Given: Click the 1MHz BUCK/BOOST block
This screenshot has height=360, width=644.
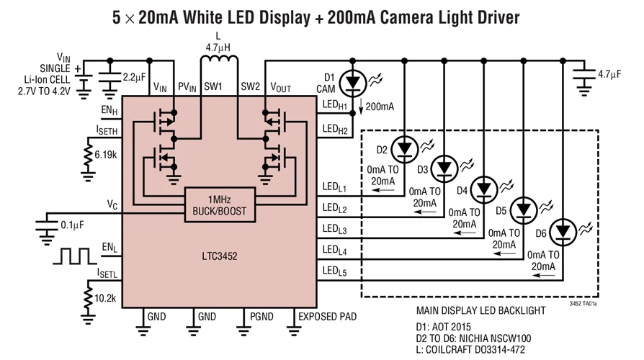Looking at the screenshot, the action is pos(220,204).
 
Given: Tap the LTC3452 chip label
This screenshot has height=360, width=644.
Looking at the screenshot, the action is pos(220,256).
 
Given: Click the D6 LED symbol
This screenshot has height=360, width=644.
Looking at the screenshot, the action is pos(563,233).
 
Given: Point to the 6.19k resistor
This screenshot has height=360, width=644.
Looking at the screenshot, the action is pos(88,154).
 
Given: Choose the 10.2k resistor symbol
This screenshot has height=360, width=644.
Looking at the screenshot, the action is pos(88,298).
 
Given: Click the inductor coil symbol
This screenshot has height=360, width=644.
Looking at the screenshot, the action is pos(219,60).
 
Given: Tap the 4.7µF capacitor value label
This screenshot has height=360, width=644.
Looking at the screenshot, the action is pos(609,74).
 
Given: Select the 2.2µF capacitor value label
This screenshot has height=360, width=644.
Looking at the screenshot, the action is pos(134,77).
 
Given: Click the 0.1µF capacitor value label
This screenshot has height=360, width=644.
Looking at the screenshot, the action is pos(72,225).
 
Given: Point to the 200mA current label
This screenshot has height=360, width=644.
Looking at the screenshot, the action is pos(380,107).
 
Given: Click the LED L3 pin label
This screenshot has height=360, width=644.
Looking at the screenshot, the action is pos(334,230).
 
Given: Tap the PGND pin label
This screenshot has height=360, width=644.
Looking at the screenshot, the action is pos(261,317).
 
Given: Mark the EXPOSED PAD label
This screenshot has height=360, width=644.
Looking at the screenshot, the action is pos(327,317).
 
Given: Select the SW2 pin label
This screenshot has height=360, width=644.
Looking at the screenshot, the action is pos(250,86).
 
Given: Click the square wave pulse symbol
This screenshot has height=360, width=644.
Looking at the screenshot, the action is pos(74,256).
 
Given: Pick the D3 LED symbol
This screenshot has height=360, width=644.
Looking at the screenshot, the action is pos(444,168).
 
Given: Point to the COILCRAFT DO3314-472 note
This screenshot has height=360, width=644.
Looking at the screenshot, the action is pos(470,350).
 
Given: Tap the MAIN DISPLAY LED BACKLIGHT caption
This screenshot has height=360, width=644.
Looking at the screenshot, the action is pos(481,311).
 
